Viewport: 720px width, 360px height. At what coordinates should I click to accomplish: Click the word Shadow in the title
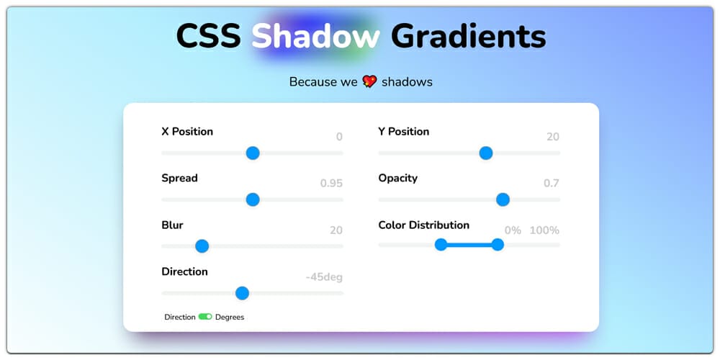click(x=315, y=36)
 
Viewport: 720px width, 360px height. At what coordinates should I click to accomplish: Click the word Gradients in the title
click(x=468, y=36)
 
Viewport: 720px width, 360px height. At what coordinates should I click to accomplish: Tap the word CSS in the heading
click(x=208, y=36)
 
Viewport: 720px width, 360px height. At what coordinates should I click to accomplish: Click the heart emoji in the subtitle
click(x=369, y=81)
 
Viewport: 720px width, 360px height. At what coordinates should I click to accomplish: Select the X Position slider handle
click(x=253, y=153)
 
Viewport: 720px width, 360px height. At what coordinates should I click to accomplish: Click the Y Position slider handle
click(x=486, y=153)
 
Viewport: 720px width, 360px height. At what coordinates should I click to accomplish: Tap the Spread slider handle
click(x=253, y=199)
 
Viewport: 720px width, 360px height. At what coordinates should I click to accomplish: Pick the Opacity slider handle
click(x=503, y=199)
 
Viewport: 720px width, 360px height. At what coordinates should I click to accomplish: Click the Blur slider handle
click(x=202, y=246)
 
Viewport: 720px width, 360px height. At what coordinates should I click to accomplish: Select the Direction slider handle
click(x=243, y=293)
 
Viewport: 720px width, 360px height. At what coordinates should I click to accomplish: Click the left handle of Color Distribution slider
click(x=441, y=245)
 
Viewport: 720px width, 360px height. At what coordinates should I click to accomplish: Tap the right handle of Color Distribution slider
click(x=498, y=245)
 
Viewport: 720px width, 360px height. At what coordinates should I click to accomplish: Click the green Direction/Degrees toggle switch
click(x=205, y=317)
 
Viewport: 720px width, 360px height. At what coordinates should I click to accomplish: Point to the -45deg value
click(x=323, y=277)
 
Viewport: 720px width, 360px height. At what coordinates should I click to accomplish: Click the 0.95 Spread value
click(x=331, y=184)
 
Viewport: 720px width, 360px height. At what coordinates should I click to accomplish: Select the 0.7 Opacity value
click(x=551, y=184)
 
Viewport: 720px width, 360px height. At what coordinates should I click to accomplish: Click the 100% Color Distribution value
click(x=544, y=230)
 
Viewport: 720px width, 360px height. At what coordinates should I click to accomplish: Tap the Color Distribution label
click(x=423, y=225)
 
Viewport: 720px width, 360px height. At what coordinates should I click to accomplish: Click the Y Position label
click(x=403, y=132)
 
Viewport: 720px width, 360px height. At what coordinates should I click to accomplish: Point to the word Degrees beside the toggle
click(x=230, y=318)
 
